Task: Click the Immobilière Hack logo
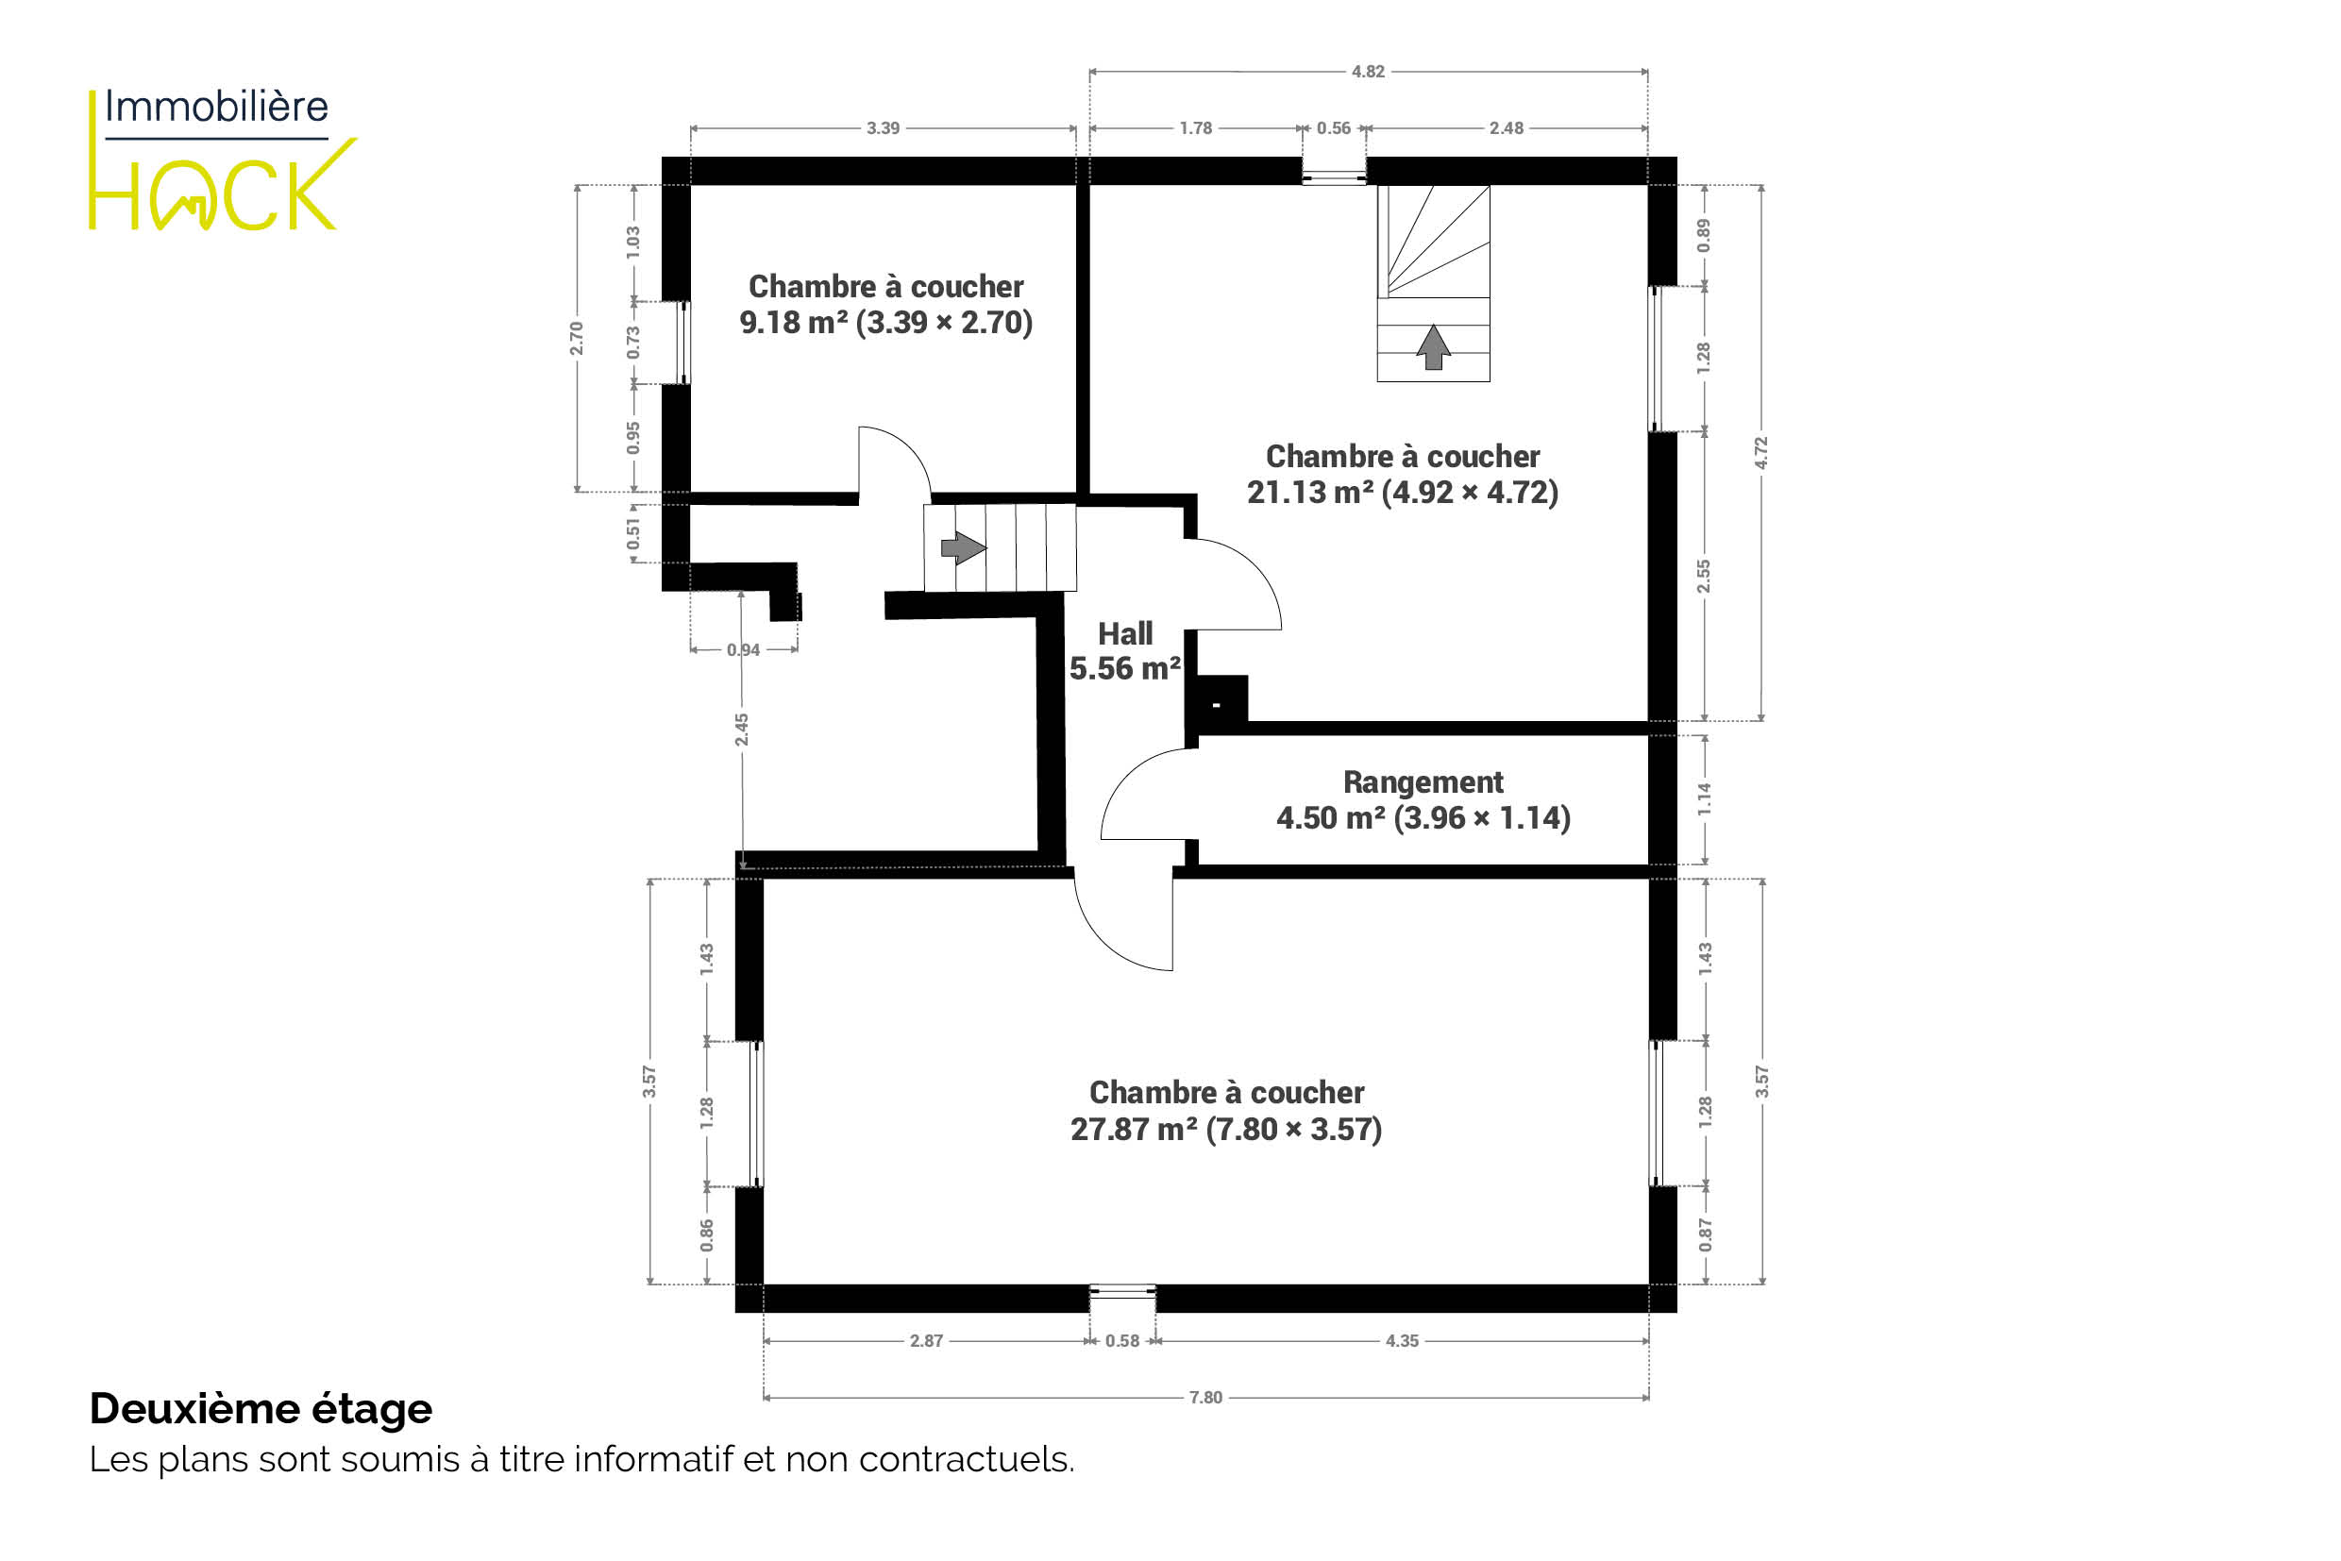(222, 159)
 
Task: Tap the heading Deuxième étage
(261, 1409)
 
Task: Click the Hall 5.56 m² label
(1125, 651)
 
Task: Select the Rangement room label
(1423, 799)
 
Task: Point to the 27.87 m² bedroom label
(1226, 1110)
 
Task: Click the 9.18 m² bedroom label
(885, 305)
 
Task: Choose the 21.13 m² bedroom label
(1402, 474)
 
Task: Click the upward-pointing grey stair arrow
(1433, 347)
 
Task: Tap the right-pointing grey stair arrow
(963, 547)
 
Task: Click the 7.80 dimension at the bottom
(1204, 1398)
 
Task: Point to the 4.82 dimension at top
(1367, 72)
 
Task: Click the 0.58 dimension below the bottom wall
(1122, 1341)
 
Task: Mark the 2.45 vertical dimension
(742, 730)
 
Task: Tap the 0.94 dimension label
(743, 650)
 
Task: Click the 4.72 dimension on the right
(1760, 453)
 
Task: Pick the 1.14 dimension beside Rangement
(1704, 799)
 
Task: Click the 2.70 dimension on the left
(576, 339)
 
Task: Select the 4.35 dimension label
(1402, 1341)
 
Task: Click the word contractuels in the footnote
(967, 1459)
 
